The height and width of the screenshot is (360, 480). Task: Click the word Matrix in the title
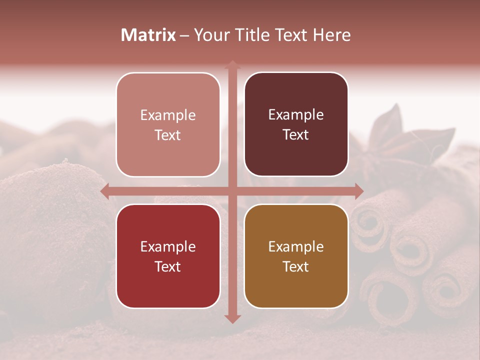point(148,35)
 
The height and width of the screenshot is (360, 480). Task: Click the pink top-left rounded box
point(168,124)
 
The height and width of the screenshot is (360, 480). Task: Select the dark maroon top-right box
point(296,124)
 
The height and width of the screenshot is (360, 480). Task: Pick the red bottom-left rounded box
point(168,256)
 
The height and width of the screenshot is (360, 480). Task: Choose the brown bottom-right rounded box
point(296,256)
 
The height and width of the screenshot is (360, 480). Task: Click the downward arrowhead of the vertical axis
point(232,318)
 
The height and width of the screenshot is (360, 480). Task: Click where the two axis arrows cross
point(232,191)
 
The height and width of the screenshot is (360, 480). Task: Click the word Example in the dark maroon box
point(296,114)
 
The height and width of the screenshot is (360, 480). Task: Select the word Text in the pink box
point(168,135)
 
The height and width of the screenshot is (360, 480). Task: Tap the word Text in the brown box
point(296,266)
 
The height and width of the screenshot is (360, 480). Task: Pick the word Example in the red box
point(168,246)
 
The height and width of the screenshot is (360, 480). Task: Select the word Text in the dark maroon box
point(296,135)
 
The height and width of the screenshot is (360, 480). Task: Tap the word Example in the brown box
point(296,246)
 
